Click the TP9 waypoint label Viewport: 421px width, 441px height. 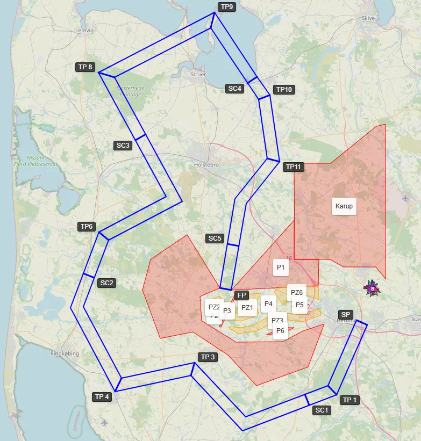pos(227,7)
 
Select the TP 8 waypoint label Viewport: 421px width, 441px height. pos(85,67)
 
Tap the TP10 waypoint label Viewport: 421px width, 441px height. pos(283,90)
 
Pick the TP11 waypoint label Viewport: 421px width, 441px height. pos(294,167)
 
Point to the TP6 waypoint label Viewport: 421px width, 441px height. pos(87,227)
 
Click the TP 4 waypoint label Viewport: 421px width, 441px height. pos(102,397)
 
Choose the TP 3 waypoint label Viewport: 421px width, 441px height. pos(208,357)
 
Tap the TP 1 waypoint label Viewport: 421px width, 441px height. pos(350,400)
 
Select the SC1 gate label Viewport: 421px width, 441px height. pos(322,410)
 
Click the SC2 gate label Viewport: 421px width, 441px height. pos(107,283)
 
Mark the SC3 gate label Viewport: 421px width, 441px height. pos(123,145)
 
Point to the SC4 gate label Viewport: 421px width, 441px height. pos(235,89)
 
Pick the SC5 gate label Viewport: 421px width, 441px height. pos(215,238)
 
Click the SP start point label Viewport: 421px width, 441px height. pos(345,314)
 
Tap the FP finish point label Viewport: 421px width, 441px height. pos(241,295)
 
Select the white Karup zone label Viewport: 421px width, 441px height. pos(344,206)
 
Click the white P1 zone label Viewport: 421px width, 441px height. pos(281,267)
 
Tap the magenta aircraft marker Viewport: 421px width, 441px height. pos(372,289)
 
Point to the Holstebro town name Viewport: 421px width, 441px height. pos(206,165)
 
